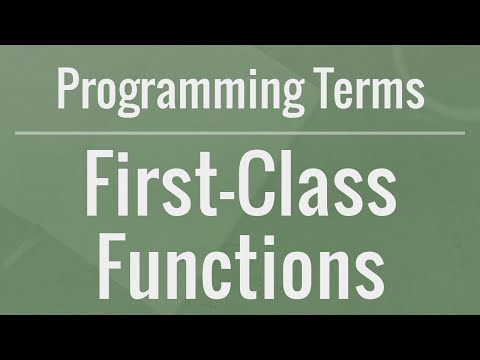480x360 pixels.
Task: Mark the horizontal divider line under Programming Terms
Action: pos(240,132)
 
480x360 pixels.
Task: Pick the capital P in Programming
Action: pos(67,90)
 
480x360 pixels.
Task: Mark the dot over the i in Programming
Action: pos(262,75)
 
